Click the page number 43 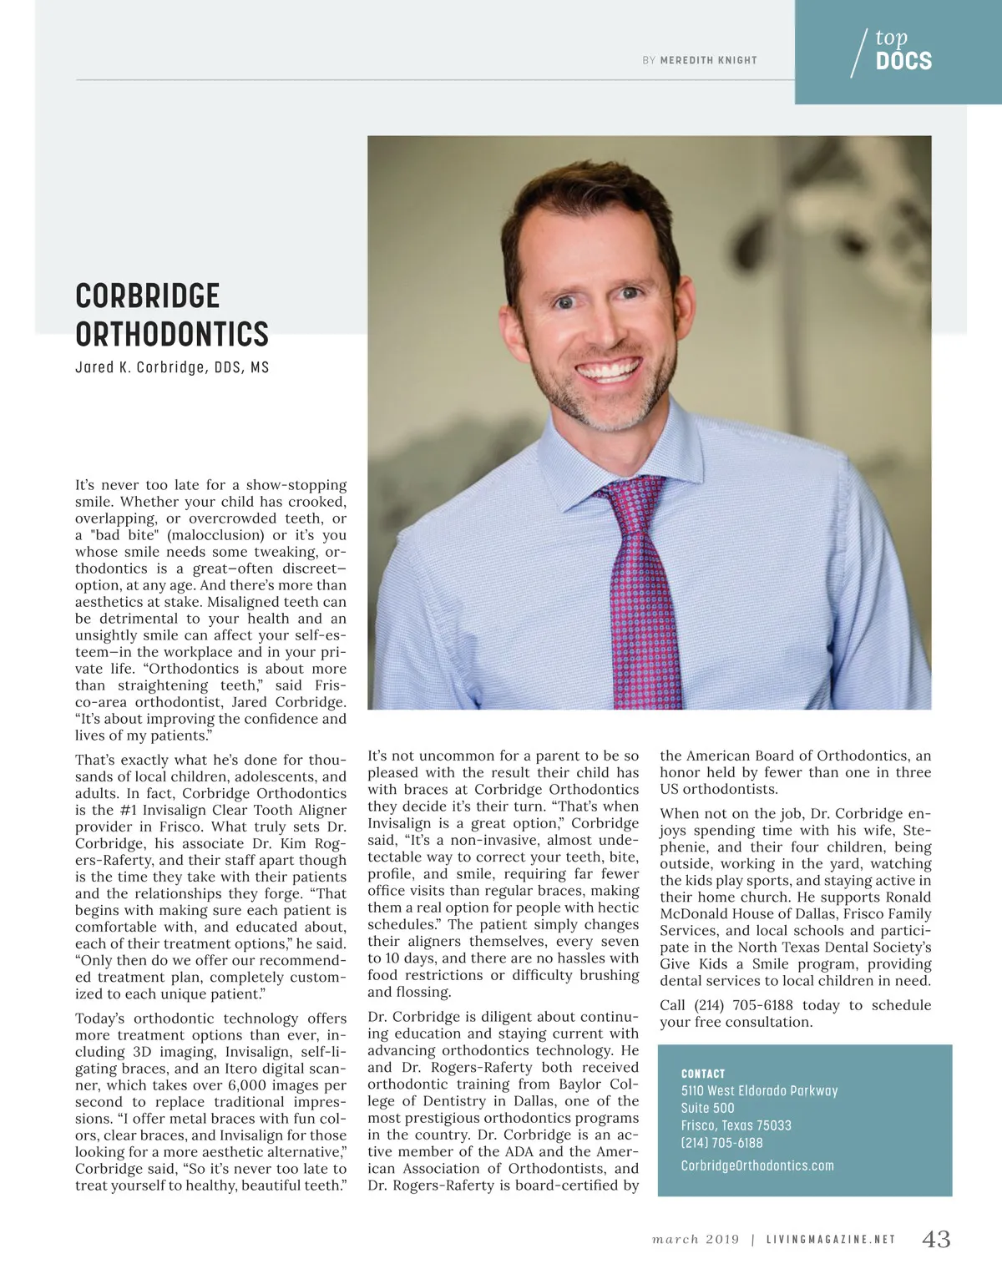936,1239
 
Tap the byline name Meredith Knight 708,60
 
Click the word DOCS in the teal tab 903,61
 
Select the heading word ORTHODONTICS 172,334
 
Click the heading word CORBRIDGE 148,296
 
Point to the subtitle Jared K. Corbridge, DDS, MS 172,367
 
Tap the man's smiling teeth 610,368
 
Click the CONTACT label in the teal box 703,1074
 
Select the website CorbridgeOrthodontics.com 757,1165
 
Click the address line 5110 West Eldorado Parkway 759,1090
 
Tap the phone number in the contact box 721,1143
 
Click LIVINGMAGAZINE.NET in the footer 831,1240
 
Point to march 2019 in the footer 696,1240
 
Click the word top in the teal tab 891,38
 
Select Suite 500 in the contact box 707,1108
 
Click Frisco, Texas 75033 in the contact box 736,1125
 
